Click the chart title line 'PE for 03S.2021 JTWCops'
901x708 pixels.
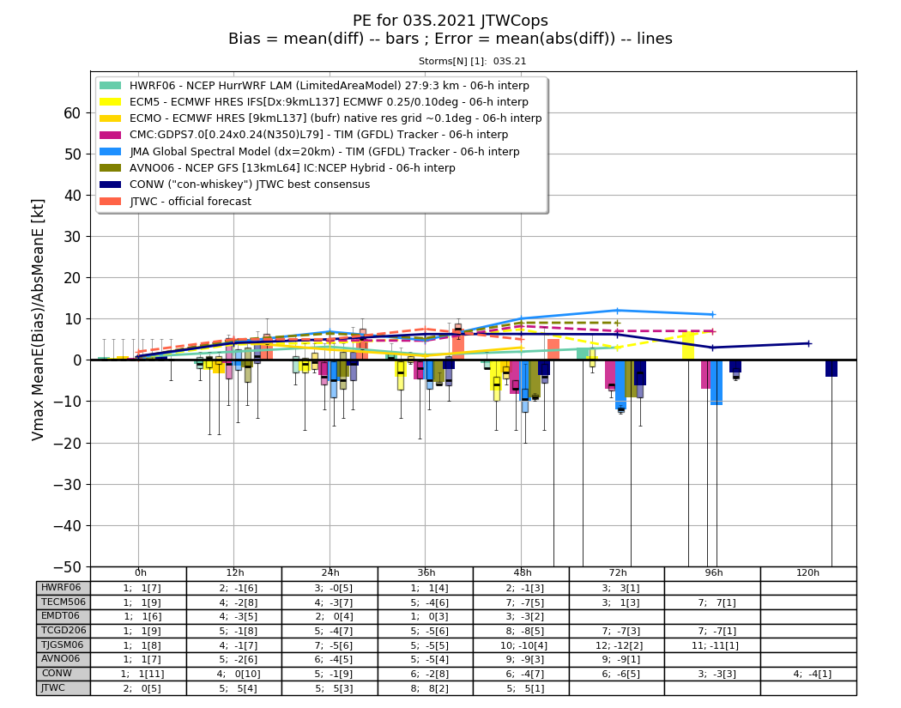450,21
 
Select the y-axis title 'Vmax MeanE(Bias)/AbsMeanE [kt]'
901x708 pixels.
38,320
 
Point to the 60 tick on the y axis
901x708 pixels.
72,113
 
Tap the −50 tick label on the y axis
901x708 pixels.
67,566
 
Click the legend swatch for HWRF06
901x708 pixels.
111,86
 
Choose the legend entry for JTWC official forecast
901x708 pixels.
176,201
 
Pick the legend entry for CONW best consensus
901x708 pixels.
235,185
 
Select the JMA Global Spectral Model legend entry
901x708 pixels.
310,152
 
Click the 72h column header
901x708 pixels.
618,573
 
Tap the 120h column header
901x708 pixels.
808,573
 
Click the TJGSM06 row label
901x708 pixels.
63,644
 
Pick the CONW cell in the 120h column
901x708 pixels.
808,674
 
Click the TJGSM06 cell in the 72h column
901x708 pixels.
617,645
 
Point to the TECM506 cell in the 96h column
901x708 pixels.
712,602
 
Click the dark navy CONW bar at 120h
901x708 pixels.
831,368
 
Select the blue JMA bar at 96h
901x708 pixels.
717,383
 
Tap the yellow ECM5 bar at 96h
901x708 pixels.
688,346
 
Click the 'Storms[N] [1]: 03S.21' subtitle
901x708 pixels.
472,61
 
